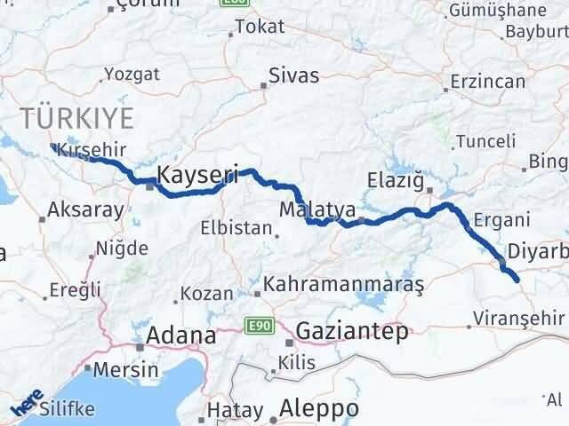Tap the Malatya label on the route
coord(317,210)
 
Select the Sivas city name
coord(293,75)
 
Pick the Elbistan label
coord(236,227)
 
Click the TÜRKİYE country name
coord(77,116)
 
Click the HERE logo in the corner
coord(27,404)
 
